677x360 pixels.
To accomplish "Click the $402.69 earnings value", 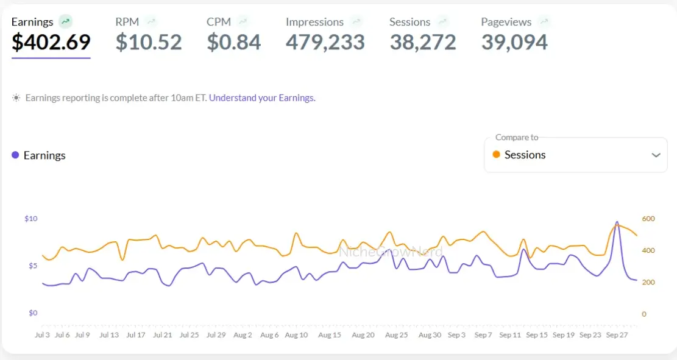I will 51,43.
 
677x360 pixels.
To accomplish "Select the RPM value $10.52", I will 149,43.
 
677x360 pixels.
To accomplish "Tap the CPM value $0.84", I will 234,43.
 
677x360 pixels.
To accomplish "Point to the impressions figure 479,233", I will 325,43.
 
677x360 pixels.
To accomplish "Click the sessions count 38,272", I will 423,43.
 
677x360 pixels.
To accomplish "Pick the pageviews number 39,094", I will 514,43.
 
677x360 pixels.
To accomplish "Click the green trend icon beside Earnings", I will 66,22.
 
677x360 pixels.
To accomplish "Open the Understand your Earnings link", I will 262,97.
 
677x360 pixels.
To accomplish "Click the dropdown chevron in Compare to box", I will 656,155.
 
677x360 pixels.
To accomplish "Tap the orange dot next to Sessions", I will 496,155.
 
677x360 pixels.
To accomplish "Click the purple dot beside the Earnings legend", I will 15,155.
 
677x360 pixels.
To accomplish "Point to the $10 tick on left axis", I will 31,219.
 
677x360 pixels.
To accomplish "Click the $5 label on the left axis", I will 32,266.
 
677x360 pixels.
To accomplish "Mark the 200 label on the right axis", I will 648,283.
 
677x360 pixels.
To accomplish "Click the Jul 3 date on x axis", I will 43,335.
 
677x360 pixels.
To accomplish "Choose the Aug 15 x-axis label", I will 329,335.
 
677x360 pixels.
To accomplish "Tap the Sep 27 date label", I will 617,335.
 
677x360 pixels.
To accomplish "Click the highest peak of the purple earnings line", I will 617,222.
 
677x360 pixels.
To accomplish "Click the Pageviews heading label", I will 506,22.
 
